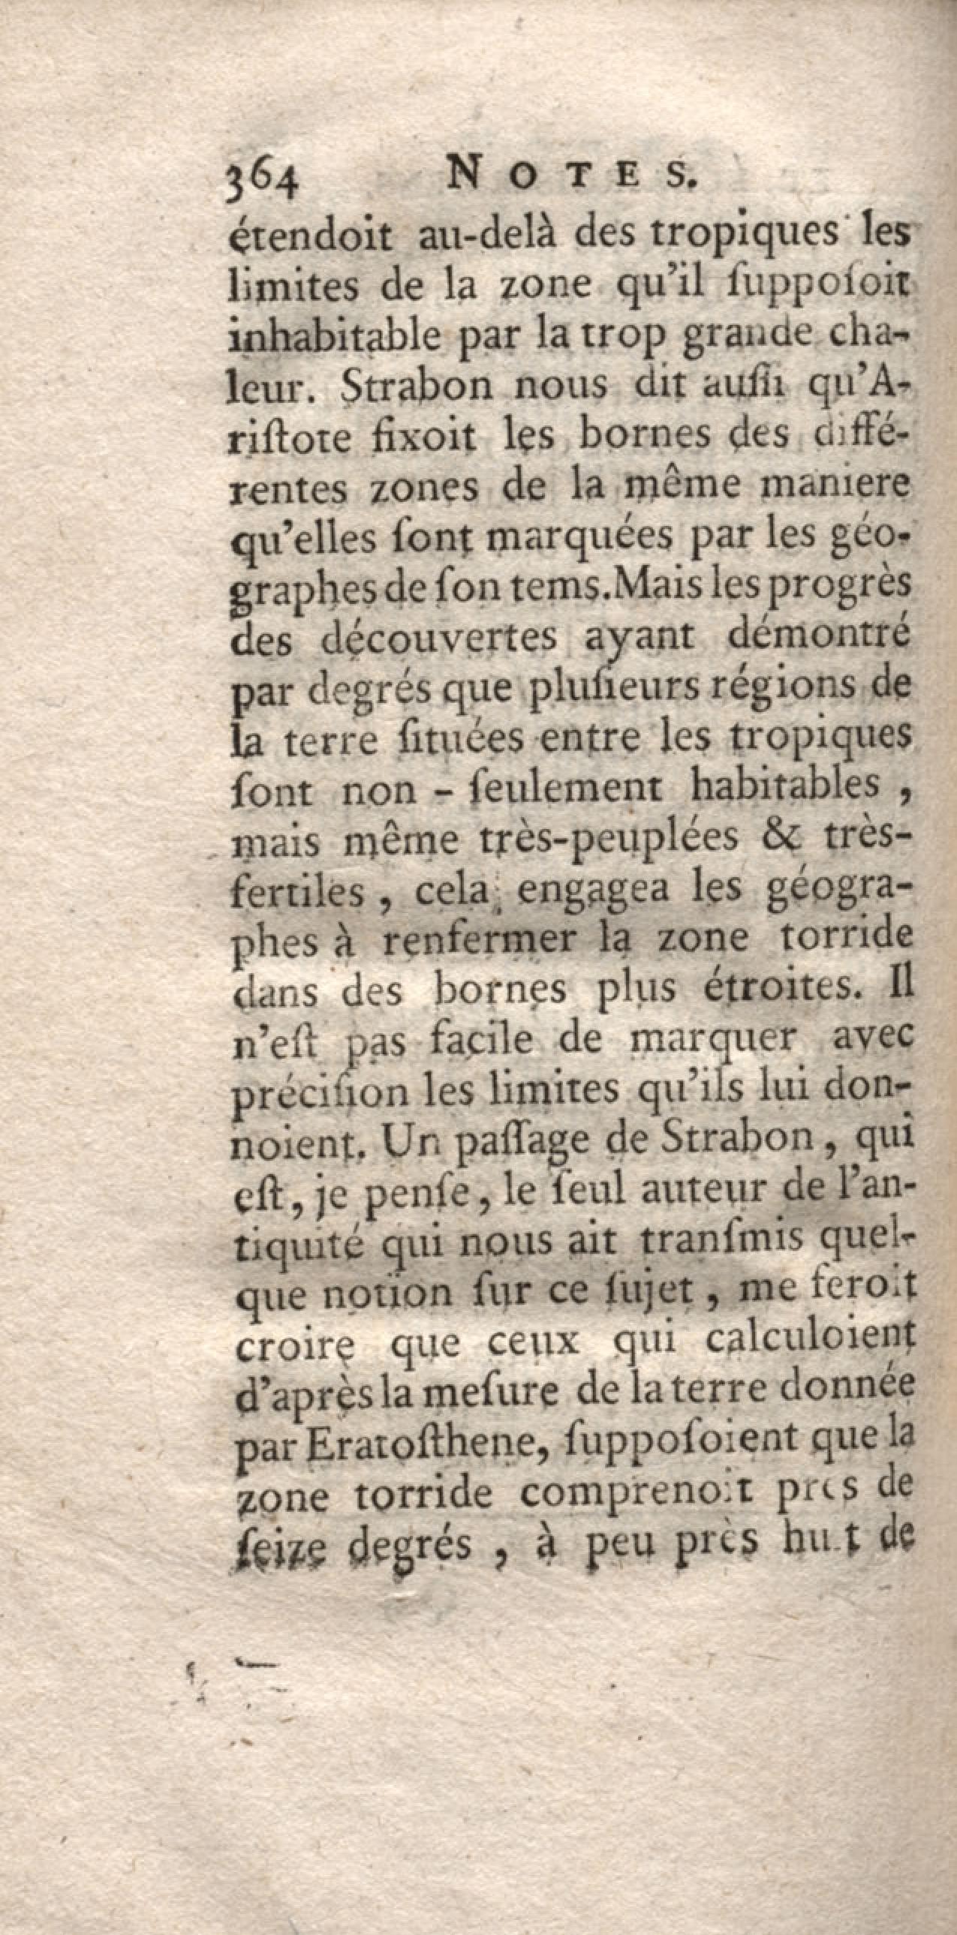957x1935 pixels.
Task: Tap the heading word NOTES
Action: point(572,178)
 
